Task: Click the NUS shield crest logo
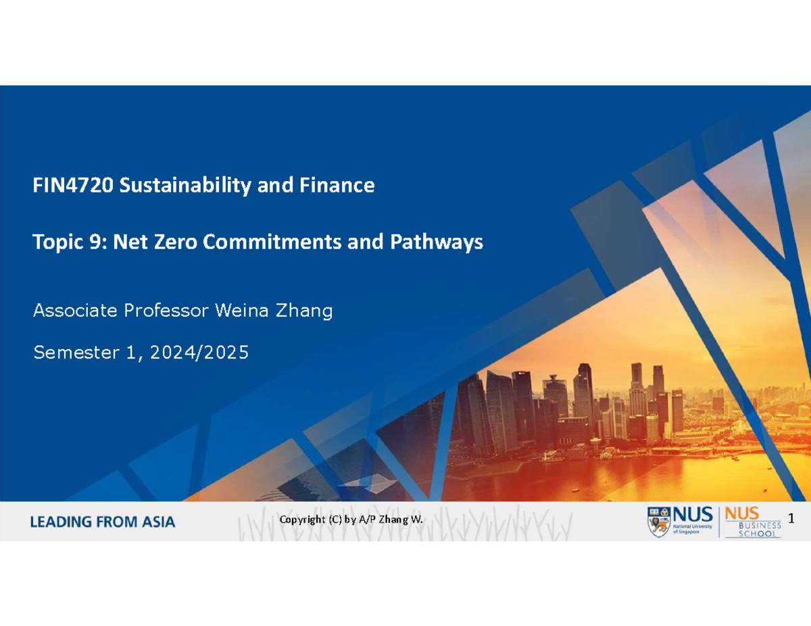pos(660,521)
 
